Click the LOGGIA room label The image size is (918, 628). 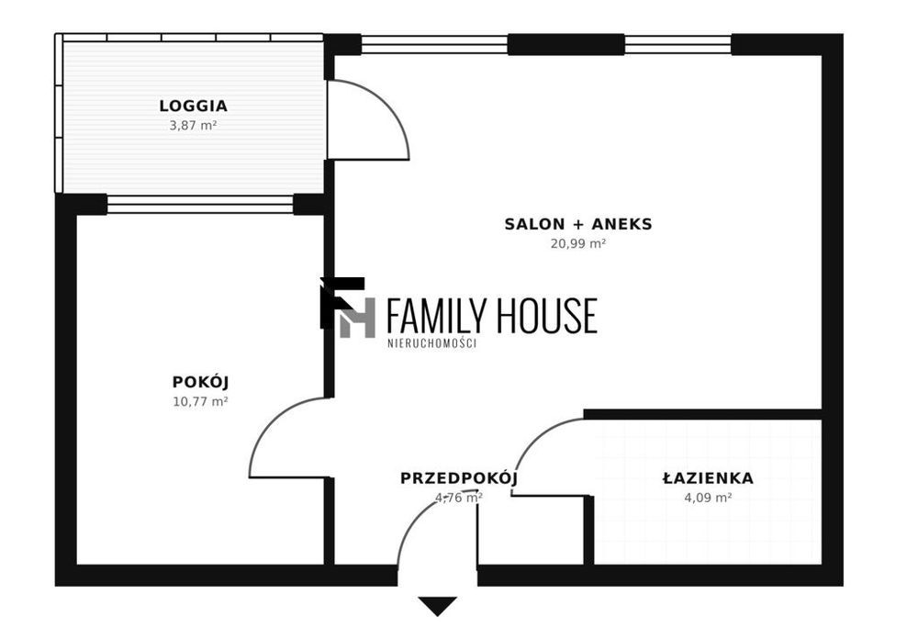click(x=193, y=106)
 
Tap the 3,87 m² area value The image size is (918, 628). click(x=193, y=125)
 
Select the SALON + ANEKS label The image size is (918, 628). click(x=578, y=224)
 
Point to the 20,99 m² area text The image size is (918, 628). click(x=577, y=243)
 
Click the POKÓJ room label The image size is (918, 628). click(x=200, y=382)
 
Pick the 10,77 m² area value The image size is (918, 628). click(x=200, y=401)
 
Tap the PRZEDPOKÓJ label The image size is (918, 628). click(x=459, y=478)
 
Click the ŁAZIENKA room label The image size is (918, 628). click(x=708, y=478)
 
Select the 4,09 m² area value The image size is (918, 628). click(x=708, y=498)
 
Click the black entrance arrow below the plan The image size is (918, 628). click(x=437, y=606)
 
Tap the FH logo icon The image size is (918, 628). click(x=348, y=308)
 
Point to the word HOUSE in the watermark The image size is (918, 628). click(x=547, y=316)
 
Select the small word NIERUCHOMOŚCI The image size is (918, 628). click(x=432, y=343)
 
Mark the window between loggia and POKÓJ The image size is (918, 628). click(x=199, y=205)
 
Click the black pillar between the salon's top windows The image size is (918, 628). click(x=566, y=44)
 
